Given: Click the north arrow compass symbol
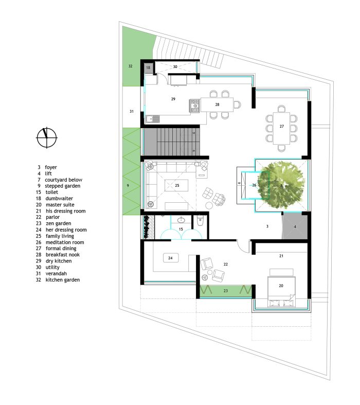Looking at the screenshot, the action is [x=47, y=138].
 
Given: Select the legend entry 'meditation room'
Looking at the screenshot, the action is [x=65, y=242].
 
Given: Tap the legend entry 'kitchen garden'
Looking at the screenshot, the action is [x=63, y=280].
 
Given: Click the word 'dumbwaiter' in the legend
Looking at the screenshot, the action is [x=59, y=198].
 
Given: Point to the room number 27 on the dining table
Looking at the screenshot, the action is [x=281, y=126].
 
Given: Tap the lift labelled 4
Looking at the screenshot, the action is [x=295, y=226].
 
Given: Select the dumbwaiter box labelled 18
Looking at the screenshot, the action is [x=148, y=68].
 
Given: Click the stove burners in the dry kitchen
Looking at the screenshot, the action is [x=195, y=106].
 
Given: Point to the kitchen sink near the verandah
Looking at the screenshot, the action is [x=153, y=119].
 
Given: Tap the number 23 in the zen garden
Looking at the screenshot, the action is [x=226, y=291].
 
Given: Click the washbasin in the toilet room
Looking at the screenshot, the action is [x=181, y=220].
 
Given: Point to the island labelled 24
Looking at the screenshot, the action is [x=170, y=258].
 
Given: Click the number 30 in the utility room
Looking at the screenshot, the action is [x=175, y=66].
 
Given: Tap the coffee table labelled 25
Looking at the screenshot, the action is [x=176, y=185].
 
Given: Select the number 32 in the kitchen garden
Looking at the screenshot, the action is [x=130, y=66].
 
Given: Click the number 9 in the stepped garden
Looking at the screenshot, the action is [x=128, y=185].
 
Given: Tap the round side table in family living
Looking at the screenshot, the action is [x=209, y=206].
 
